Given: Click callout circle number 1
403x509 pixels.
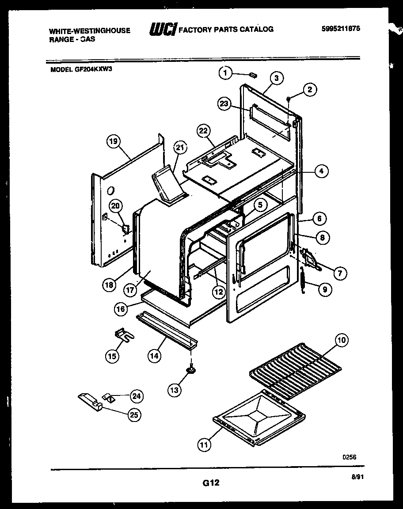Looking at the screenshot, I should (x=226, y=73).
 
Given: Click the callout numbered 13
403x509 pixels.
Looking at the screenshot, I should (x=175, y=389).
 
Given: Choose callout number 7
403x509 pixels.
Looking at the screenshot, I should (x=339, y=273).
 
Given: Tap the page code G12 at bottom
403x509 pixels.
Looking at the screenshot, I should (x=210, y=483).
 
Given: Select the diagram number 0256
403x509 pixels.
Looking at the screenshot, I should (x=350, y=457).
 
